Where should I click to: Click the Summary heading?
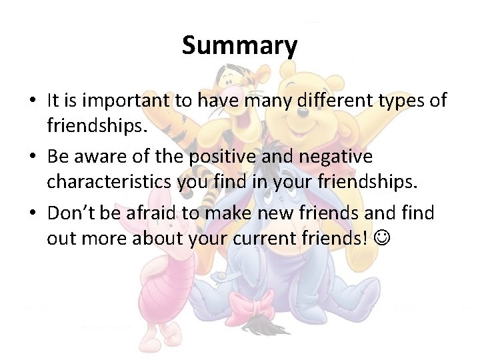tap(239, 46)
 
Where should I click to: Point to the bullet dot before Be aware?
tap(33, 158)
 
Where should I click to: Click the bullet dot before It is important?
tap(33, 101)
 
